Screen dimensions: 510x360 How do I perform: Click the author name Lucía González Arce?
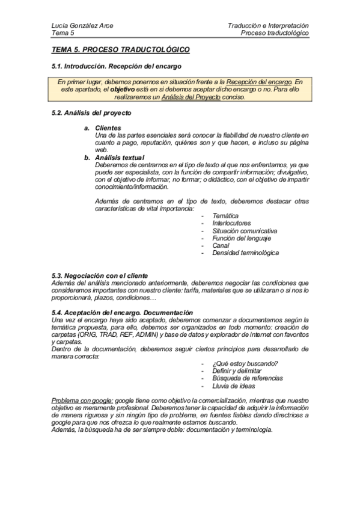pos(82,26)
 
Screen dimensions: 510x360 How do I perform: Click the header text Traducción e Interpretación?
pos(268,26)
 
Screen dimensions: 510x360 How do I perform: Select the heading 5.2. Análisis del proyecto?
pos(91,113)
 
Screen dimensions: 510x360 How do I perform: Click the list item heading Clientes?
pos(108,128)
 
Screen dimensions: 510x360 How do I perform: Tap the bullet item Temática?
pos(225,215)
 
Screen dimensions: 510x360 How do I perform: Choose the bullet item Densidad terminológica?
pos(245,253)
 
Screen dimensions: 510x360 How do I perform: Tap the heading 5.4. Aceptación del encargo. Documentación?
pos(122,312)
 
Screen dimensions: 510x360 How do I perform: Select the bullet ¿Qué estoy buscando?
pos(245,363)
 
